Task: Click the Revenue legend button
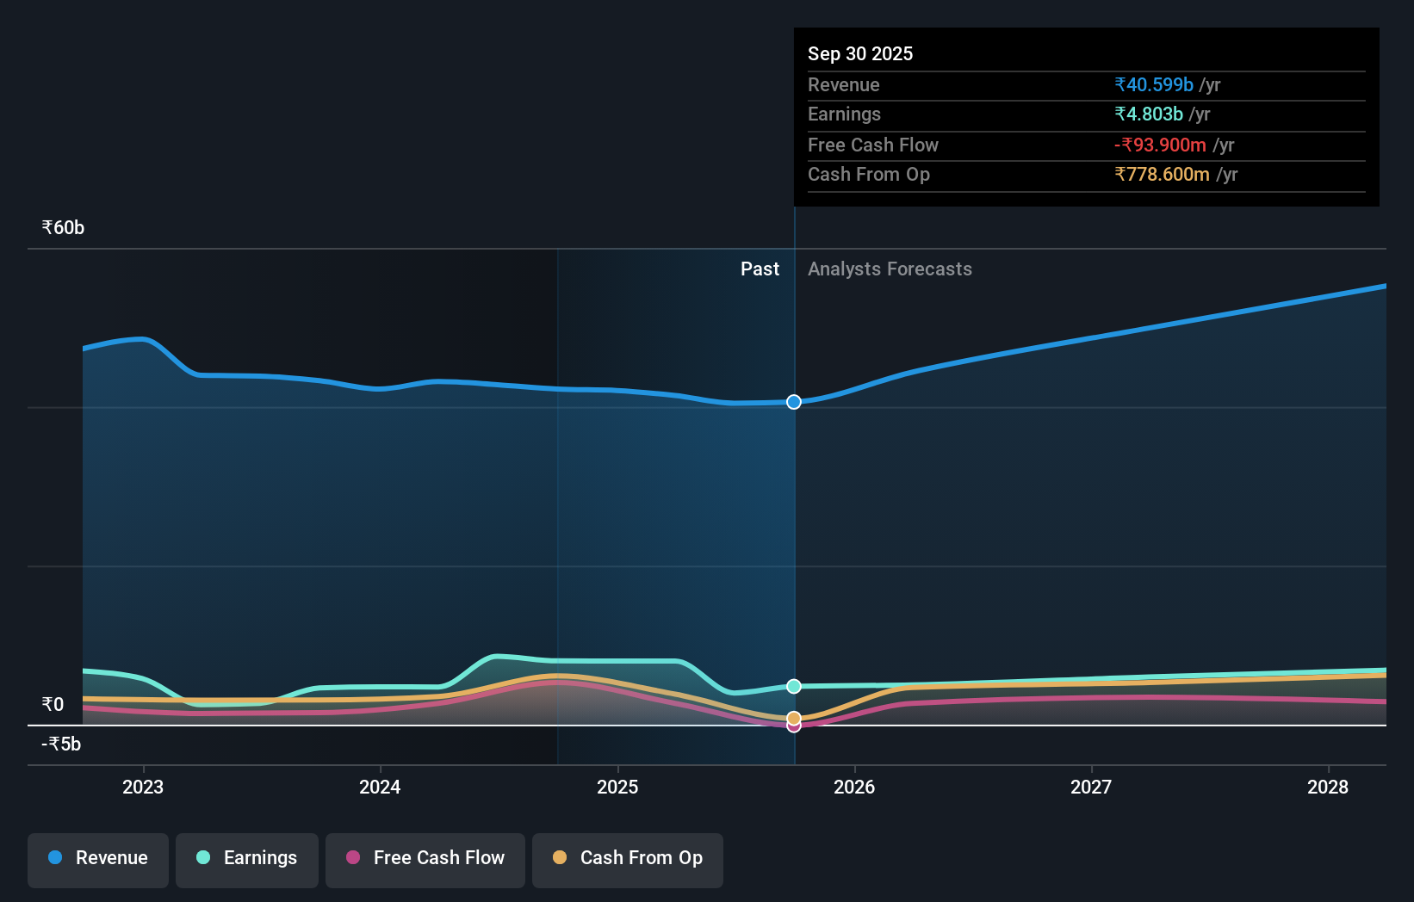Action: [98, 858]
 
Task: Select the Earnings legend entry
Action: [247, 858]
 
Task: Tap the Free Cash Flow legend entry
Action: [425, 858]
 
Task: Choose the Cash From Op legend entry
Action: [628, 858]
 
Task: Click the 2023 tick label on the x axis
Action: [143, 787]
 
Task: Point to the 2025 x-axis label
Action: [617, 787]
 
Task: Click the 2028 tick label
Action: [1328, 787]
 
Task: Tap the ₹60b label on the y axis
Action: [63, 228]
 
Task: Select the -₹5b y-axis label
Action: [61, 744]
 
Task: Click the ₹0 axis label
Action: [53, 705]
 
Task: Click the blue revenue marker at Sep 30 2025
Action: [794, 402]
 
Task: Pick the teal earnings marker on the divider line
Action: [794, 686]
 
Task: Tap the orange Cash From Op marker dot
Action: [794, 718]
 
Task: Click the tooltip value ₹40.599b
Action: [1153, 84]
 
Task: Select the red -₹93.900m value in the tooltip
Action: [1160, 145]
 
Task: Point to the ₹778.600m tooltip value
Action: [1162, 174]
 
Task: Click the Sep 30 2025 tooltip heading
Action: [859, 53]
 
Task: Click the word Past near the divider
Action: [760, 269]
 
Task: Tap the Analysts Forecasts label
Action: [890, 269]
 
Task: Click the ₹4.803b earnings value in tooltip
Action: [1148, 114]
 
